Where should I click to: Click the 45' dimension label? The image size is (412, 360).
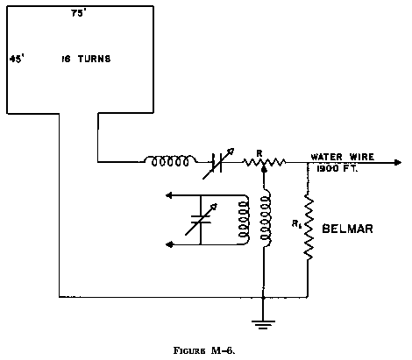tap(15, 60)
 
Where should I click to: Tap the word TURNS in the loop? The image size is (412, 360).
tap(96, 60)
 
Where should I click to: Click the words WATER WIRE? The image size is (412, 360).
tap(342, 156)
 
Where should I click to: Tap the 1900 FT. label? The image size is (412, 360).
tap(330, 167)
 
